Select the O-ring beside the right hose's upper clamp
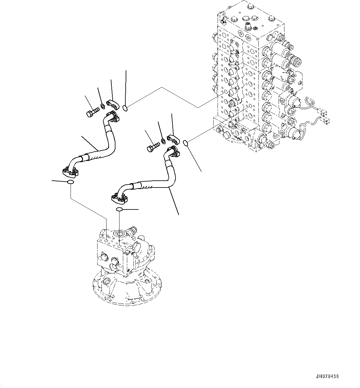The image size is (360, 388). tap(185, 142)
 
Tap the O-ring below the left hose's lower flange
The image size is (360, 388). tap(71, 182)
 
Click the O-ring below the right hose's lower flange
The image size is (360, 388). tap(119, 210)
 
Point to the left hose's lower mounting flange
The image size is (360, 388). tap(68, 171)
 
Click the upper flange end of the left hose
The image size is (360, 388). tap(112, 118)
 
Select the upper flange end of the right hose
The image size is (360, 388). tap(172, 152)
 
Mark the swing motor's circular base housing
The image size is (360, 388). tap(124, 286)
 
